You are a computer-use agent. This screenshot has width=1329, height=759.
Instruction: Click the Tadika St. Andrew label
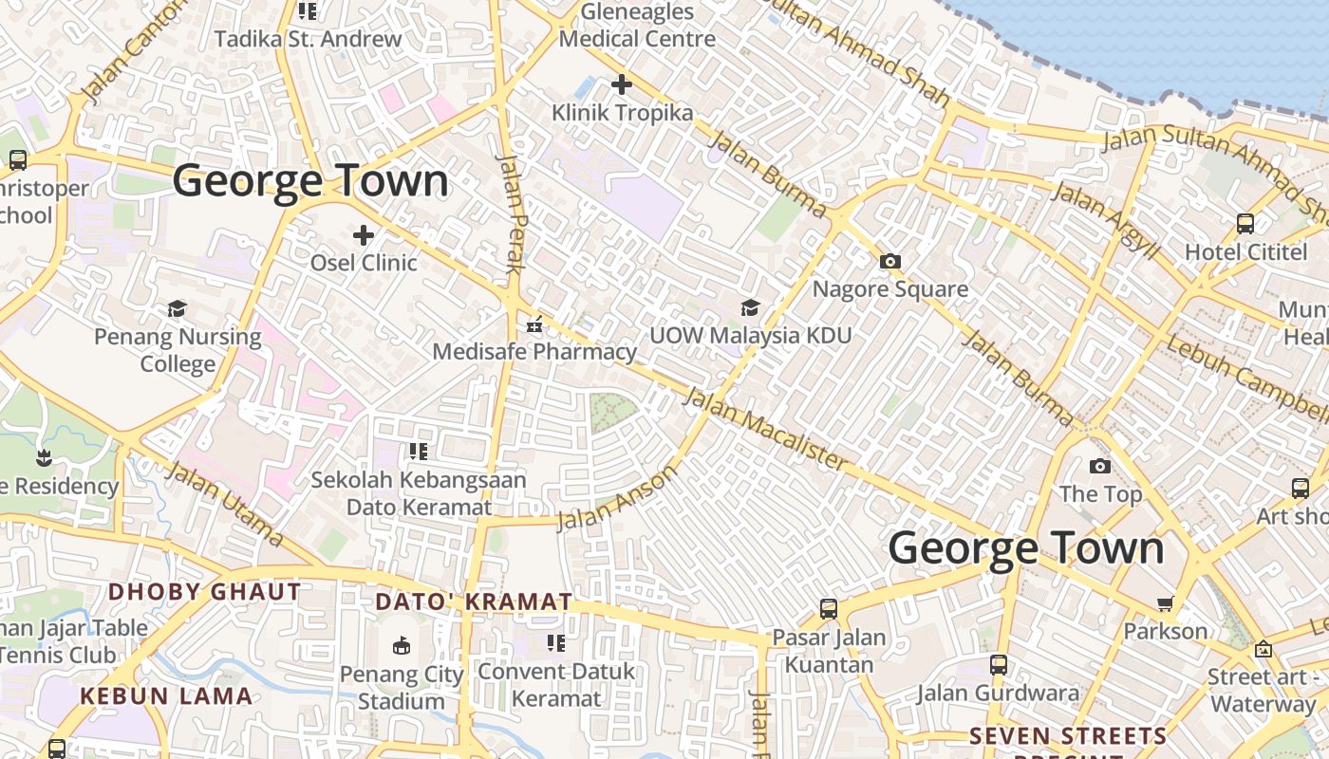(x=308, y=39)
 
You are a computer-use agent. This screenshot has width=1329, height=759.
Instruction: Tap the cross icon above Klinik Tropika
(x=622, y=84)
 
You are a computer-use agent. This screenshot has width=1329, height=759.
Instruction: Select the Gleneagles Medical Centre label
(x=637, y=26)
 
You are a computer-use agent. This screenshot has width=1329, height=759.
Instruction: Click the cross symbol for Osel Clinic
(x=364, y=234)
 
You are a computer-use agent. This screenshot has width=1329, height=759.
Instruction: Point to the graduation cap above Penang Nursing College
(x=178, y=308)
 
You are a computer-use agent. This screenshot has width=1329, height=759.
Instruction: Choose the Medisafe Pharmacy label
(x=534, y=351)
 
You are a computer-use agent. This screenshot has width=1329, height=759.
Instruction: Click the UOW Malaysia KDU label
(x=750, y=335)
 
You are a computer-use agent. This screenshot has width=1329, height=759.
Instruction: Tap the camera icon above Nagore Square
(x=889, y=261)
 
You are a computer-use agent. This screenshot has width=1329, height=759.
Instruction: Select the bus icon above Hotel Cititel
(x=1245, y=224)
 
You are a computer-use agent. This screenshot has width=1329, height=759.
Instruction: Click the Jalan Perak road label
(x=511, y=213)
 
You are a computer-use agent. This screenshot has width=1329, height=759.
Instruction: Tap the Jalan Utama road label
(x=225, y=505)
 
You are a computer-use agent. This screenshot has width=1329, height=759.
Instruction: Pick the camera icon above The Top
(x=1100, y=466)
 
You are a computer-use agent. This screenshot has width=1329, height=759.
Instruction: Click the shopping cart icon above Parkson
(x=1166, y=603)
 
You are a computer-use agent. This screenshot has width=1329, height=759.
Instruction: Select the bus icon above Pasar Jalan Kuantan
(x=829, y=609)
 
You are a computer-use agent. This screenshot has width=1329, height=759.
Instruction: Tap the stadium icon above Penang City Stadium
(x=402, y=646)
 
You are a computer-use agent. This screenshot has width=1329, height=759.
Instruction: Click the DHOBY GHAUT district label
(x=204, y=592)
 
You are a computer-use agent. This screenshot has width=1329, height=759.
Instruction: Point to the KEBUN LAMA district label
(x=166, y=695)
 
